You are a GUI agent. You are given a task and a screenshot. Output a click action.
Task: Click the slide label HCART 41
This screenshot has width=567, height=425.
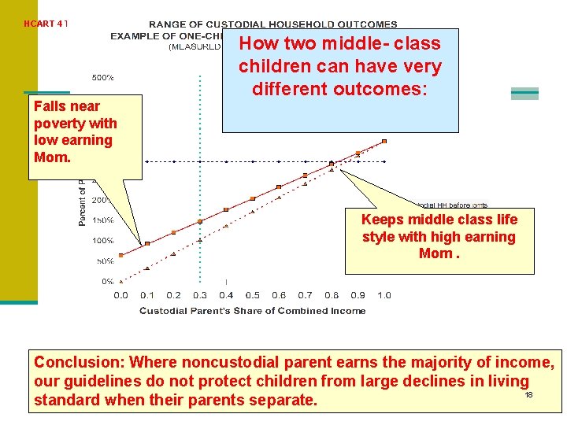[x=46, y=24]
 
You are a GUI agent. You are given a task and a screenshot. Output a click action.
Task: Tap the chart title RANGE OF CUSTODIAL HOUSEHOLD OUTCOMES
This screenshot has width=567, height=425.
[x=273, y=24]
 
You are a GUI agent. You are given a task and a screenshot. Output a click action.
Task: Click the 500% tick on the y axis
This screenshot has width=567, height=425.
[x=103, y=78]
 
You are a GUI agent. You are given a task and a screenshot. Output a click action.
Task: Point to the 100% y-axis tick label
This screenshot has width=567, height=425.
[x=103, y=240]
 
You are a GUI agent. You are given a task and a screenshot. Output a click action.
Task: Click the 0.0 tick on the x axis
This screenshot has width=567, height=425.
[x=120, y=295]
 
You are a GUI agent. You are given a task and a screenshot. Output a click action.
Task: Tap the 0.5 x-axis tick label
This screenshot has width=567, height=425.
[x=252, y=295]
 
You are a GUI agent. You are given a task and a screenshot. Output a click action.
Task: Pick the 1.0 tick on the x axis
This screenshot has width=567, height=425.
[x=384, y=295]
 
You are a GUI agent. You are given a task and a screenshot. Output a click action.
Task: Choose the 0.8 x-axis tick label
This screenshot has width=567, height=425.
[x=332, y=295]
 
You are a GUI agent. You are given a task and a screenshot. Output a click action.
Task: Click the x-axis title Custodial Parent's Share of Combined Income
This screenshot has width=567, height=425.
[x=252, y=311]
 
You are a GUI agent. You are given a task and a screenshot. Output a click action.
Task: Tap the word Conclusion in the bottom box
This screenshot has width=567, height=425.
[x=76, y=362]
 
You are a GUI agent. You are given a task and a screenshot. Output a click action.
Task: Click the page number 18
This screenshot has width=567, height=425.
[x=529, y=394]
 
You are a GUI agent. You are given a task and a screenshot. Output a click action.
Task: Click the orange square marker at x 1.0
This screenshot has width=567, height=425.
[x=384, y=142]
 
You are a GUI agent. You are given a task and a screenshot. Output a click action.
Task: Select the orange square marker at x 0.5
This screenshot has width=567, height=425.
[x=252, y=198]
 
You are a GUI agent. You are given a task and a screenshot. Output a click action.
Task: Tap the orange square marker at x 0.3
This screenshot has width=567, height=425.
[x=199, y=221]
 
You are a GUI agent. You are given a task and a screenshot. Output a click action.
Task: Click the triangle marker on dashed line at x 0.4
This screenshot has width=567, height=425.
[x=226, y=226]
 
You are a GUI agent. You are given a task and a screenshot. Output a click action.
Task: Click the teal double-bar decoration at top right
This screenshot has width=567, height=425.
[x=524, y=94]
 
